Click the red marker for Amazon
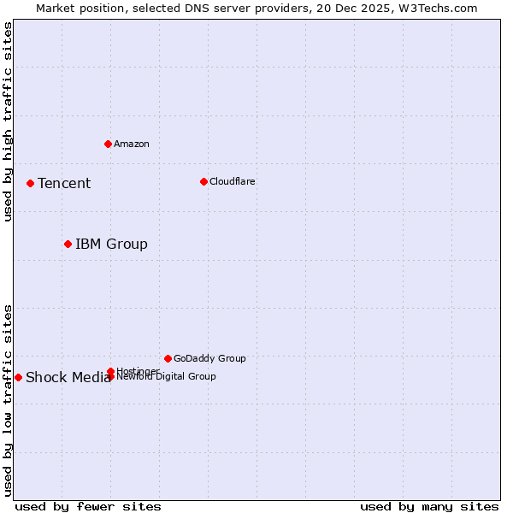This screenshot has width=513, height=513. tap(108, 144)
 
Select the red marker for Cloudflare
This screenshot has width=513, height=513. tap(203, 181)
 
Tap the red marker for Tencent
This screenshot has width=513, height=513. tap(30, 183)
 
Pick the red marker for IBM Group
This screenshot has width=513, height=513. tap(68, 244)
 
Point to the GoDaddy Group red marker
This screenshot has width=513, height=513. tap(168, 358)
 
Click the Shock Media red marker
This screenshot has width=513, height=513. tap(18, 377)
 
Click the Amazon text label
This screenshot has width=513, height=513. tap(132, 144)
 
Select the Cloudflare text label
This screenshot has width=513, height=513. tap(233, 181)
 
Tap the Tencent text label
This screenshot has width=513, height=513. tap(64, 183)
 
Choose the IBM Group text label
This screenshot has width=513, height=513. tap(111, 244)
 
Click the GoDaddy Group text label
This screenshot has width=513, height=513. tap(209, 358)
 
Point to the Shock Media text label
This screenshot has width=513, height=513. tap(68, 378)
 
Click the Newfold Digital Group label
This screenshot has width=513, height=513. tap(166, 377)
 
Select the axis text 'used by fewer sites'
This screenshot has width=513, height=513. tap(88, 506)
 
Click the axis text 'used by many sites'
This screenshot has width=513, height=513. tap(429, 506)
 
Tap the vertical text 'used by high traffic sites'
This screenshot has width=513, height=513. tap(8, 122)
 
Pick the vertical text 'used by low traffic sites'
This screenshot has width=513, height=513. tap(8, 399)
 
